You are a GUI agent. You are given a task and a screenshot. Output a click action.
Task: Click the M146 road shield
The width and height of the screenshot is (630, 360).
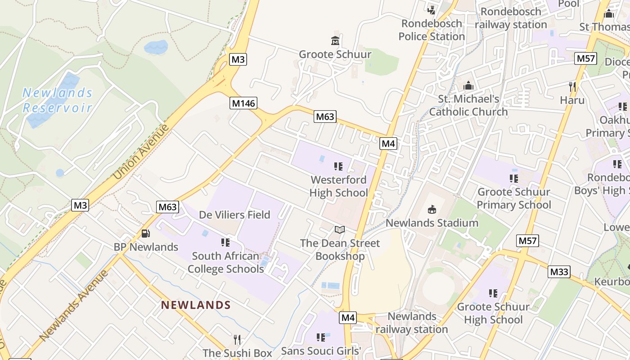pos(243,103)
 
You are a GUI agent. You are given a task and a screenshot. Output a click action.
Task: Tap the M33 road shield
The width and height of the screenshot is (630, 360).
pos(559,271)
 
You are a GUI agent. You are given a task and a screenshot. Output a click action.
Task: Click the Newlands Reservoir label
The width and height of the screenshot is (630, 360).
pos(57,100)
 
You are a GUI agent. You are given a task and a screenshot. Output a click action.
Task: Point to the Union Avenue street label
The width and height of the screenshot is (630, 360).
pos(141,152)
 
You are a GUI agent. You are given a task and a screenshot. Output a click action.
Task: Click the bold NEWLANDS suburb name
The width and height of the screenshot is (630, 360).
pos(196,305)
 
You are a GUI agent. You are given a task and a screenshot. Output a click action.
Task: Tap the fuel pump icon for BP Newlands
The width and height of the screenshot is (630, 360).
pos(146,234)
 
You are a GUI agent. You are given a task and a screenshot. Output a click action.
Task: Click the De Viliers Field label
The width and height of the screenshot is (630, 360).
pos(234,215)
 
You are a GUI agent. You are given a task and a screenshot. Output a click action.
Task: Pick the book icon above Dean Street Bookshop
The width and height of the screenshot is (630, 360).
pos(340,230)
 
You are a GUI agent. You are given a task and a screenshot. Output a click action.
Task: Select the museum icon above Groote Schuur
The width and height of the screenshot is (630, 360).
pos(335,41)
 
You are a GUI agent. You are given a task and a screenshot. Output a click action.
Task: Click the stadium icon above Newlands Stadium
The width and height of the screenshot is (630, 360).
pos(432,209)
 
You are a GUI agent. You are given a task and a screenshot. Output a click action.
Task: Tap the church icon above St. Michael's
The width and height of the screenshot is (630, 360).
pos(468,85)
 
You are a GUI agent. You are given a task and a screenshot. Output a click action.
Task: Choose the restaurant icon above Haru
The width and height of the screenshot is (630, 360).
pos(572,86)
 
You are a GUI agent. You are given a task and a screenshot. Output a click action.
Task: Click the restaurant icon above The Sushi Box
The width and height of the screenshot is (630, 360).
pos(238,339)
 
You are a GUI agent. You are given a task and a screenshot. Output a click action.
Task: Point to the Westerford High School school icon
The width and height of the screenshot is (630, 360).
pos(338,166)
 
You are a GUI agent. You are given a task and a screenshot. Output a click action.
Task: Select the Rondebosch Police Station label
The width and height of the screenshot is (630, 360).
pos(431,30)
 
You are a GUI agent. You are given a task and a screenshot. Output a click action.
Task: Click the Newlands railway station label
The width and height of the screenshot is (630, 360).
pos(412,323)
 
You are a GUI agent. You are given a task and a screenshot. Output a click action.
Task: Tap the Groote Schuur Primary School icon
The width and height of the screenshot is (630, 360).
pos(513,179)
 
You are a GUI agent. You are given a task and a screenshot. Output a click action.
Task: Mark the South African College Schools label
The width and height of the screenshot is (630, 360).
pos(225,262)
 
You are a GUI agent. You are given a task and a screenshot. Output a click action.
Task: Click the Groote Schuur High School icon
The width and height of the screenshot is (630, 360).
pos(493,293)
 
